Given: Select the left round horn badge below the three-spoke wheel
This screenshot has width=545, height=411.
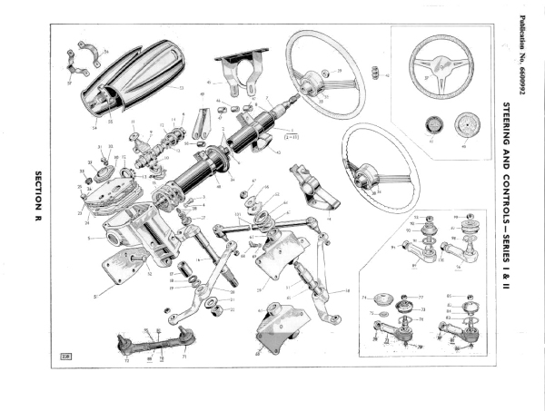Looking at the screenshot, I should (431, 129).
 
